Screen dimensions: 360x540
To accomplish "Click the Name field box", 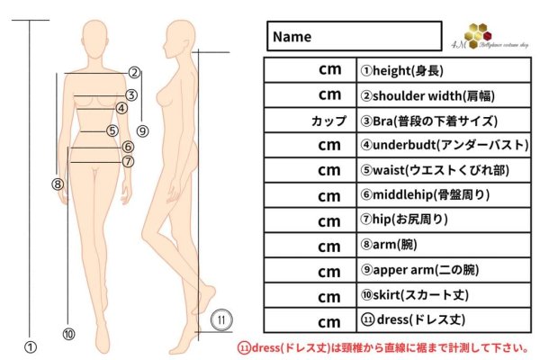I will tap(355, 37).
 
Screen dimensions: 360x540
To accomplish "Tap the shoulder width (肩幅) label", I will tap(421, 95).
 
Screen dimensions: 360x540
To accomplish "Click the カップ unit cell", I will tap(328, 121).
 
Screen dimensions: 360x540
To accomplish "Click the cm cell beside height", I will tap(329, 70).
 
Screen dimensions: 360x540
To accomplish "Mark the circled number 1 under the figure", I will tap(30, 345).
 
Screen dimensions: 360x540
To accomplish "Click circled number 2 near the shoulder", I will tap(133, 73).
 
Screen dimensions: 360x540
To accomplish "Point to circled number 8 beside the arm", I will tap(58, 184).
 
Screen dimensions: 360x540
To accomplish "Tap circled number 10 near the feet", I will tap(69, 334).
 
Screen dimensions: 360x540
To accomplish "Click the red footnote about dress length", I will tap(383, 347).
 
